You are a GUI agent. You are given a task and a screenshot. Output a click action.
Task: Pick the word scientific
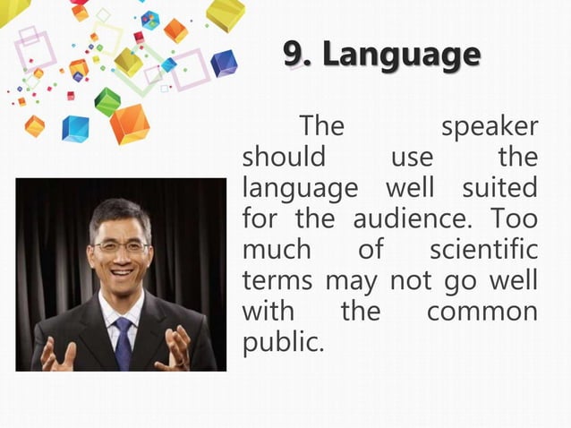pos(483,249)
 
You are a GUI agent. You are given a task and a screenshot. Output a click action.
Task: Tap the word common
pos(482,311)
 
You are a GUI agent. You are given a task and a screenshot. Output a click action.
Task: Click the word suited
pos(500,188)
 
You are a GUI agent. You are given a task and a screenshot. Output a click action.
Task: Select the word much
pos(276,249)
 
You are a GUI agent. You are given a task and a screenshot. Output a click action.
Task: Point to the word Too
pos(516,218)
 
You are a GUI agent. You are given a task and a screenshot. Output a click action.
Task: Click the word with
pos(265,311)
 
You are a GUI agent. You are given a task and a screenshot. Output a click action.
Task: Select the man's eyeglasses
pos(120,245)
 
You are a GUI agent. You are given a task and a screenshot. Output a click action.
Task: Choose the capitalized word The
pos(321,126)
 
